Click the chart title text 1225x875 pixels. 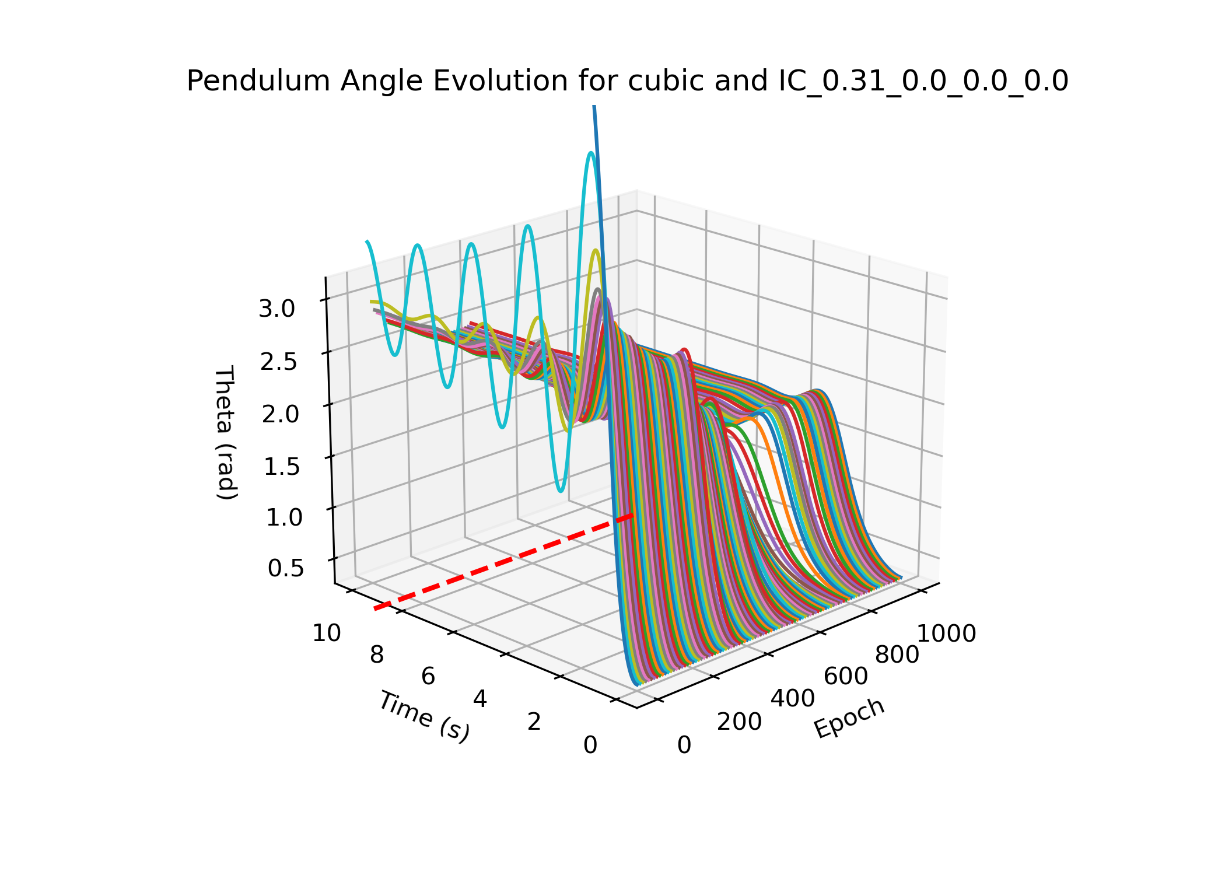pyautogui.click(x=627, y=81)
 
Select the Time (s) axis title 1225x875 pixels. pyautogui.click(x=424, y=716)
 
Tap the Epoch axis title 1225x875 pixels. pyautogui.click(x=849, y=718)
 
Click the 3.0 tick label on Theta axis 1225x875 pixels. pyautogui.click(x=277, y=309)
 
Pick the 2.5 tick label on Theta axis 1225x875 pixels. pyautogui.click(x=278, y=362)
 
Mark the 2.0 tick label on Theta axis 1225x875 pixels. pyautogui.click(x=280, y=414)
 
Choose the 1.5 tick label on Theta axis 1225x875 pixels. pyautogui.click(x=282, y=466)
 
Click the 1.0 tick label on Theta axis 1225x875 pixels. pyautogui.click(x=284, y=517)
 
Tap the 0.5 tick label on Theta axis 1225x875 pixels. pyautogui.click(x=286, y=568)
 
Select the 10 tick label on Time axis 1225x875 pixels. pyautogui.click(x=327, y=633)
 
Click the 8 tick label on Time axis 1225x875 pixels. pyautogui.click(x=377, y=655)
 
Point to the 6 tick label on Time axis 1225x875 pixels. pyautogui.click(x=428, y=677)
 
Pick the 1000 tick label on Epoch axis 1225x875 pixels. pyautogui.click(x=947, y=634)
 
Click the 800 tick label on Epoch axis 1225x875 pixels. pyautogui.click(x=897, y=656)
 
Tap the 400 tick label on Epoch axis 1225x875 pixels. pyautogui.click(x=793, y=699)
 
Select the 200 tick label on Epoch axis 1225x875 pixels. pyautogui.click(x=739, y=722)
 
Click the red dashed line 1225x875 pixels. pyautogui.click(x=502, y=563)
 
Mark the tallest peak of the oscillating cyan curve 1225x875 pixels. pyautogui.click(x=591, y=154)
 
